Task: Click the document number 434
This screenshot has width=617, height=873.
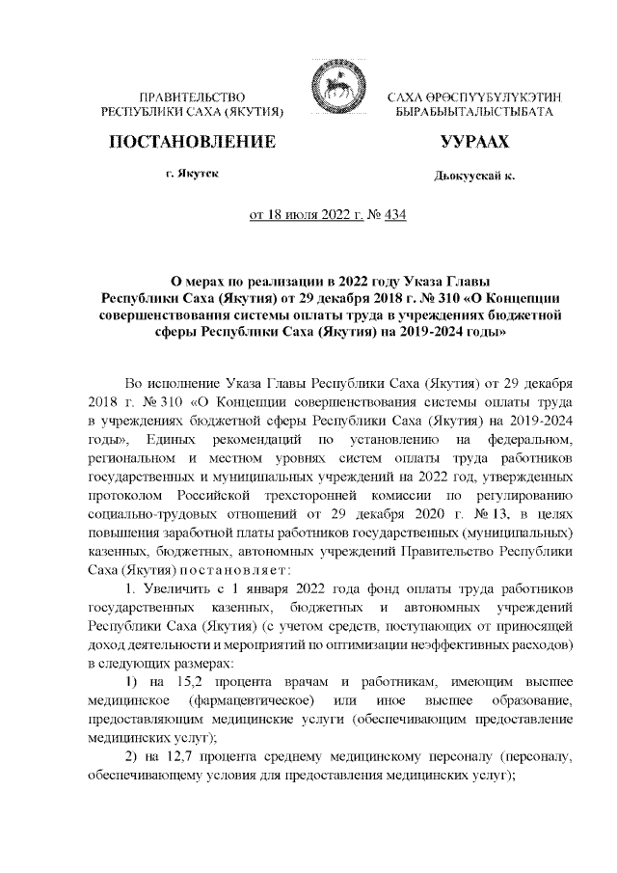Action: click(394, 214)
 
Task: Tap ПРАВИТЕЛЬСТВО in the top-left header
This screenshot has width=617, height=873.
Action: click(193, 97)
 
